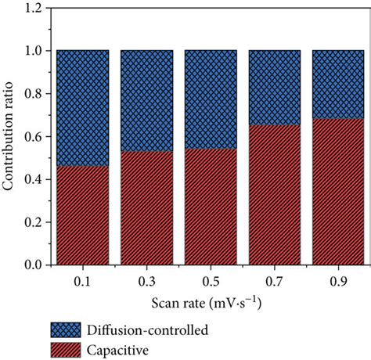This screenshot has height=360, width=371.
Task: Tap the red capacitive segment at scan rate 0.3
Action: click(146, 208)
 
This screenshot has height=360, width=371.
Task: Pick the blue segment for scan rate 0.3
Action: click(146, 101)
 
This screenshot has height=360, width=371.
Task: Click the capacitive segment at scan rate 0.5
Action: click(210, 207)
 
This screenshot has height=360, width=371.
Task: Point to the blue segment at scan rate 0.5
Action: click(210, 100)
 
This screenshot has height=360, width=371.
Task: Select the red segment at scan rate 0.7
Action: click(274, 195)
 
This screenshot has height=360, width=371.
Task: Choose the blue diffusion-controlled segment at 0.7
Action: click(274, 88)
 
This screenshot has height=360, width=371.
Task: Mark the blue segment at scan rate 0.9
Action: click(338, 85)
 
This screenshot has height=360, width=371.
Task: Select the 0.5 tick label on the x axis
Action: click(210, 279)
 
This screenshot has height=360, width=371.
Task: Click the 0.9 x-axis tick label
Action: click(338, 279)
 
